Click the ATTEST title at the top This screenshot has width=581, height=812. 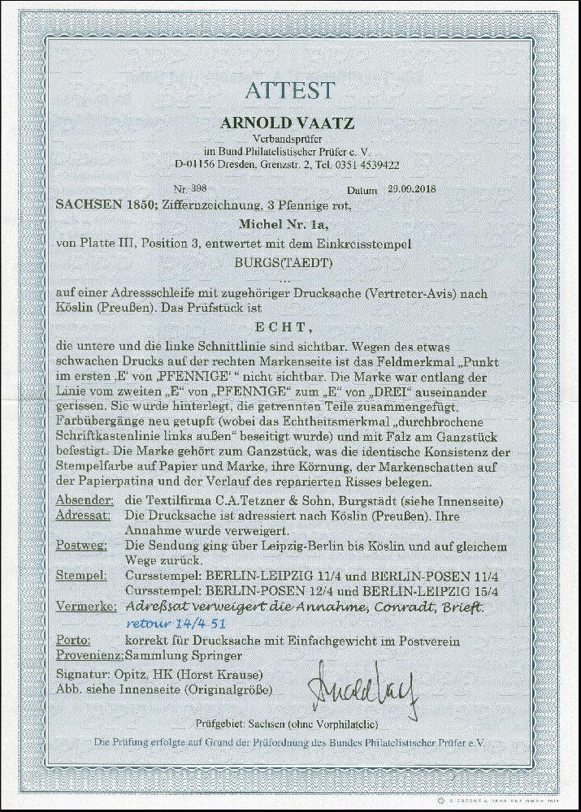coord(290,90)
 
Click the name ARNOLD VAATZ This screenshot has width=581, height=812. coord(290,123)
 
